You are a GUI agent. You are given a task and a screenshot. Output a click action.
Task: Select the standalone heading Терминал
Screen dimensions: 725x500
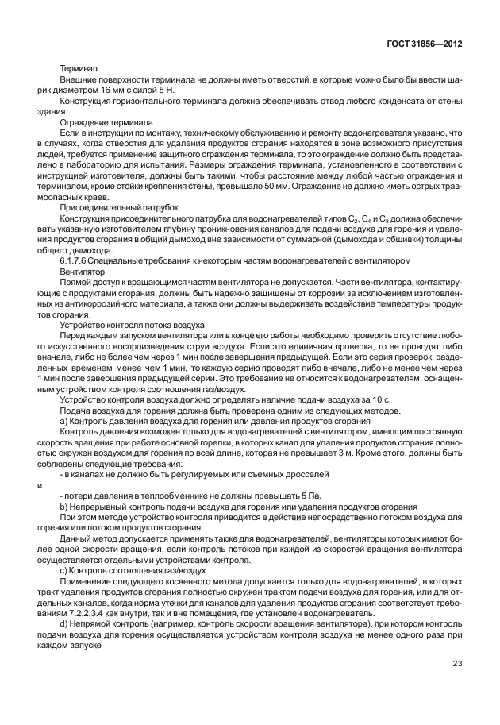(x=79, y=69)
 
